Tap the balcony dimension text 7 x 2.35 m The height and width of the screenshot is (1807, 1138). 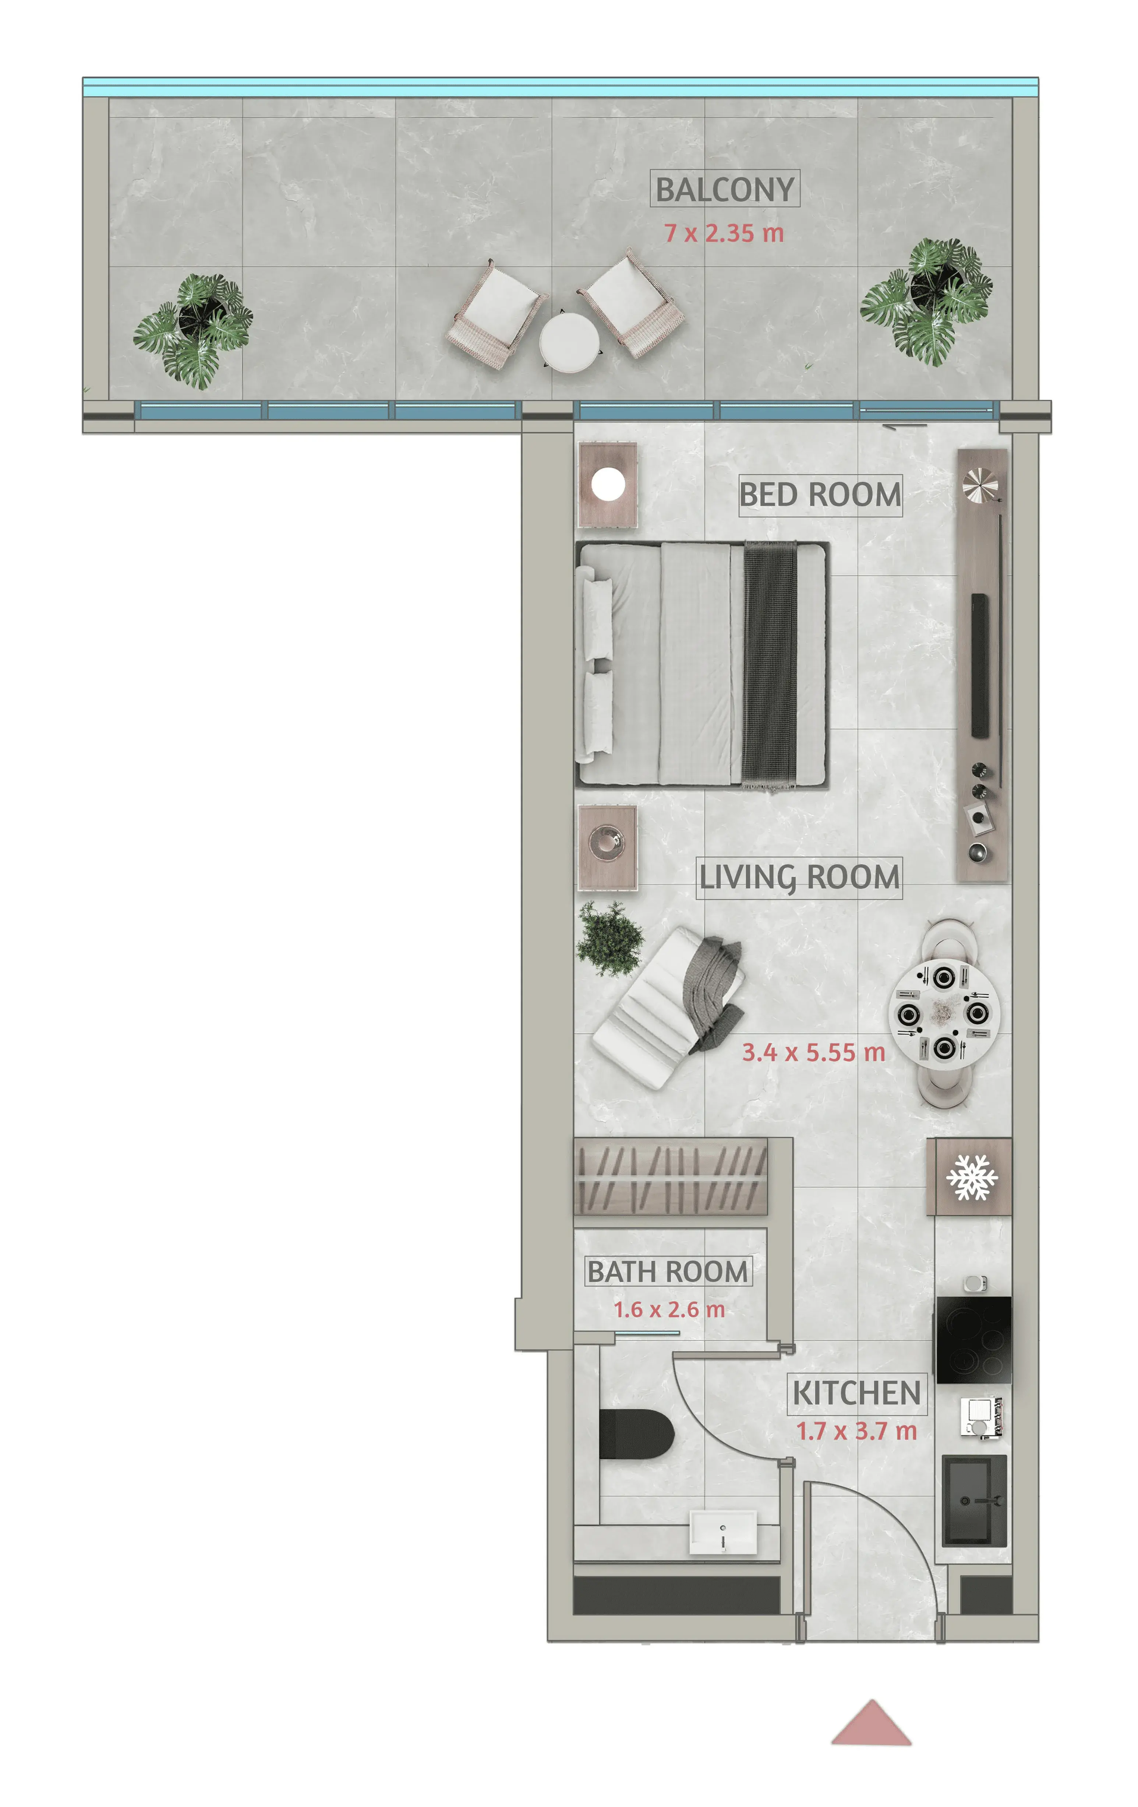tap(724, 233)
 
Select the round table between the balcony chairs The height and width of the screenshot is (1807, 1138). tap(569, 341)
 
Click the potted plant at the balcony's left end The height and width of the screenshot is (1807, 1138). tap(194, 330)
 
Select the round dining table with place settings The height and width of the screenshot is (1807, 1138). tap(944, 1013)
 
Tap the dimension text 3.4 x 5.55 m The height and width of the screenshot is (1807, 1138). tap(813, 1052)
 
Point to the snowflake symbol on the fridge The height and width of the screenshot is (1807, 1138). tap(972, 1177)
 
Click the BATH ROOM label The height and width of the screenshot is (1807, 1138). tap(668, 1271)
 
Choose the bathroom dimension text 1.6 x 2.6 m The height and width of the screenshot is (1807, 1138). tap(669, 1309)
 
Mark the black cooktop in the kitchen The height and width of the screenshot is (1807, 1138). tap(973, 1339)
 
